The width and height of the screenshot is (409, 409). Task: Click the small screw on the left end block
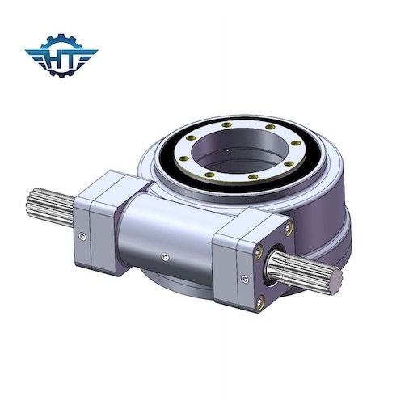(x=84, y=236)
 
